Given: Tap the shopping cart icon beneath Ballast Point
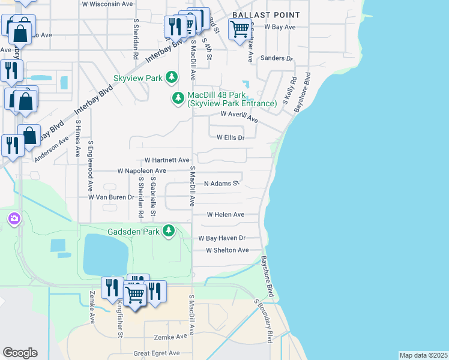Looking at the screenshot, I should (x=240, y=28).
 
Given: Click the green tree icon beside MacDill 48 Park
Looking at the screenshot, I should (x=178, y=98).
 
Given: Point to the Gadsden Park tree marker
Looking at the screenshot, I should (x=169, y=230).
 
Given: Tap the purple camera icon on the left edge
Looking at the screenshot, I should (x=13, y=219).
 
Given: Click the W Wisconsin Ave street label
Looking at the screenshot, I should (x=107, y=4).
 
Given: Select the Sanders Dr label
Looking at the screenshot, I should (x=276, y=59).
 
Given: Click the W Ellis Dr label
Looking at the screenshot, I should (x=231, y=137).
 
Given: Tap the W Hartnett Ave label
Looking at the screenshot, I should (x=167, y=160).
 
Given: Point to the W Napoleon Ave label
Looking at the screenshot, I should (x=142, y=171).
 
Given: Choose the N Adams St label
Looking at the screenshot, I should (x=221, y=183).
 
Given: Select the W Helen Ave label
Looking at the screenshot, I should (x=226, y=214).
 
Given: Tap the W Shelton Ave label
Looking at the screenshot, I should (x=227, y=250).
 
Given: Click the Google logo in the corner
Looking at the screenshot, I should (x=20, y=352).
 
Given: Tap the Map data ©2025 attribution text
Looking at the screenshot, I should (x=423, y=355).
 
